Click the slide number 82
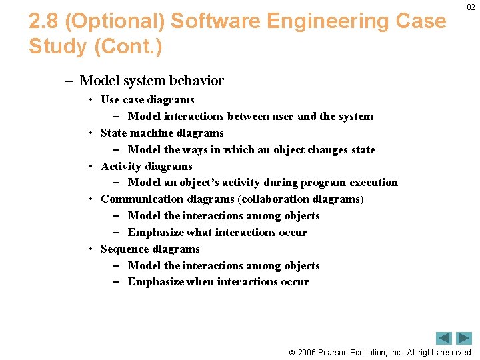(471, 7)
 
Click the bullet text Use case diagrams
(147, 100)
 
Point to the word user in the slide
(282, 117)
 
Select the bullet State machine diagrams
(162, 133)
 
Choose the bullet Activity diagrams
(146, 167)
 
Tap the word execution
(373, 183)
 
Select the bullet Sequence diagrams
(150, 249)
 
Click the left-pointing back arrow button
(444, 338)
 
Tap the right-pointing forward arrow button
(464, 338)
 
